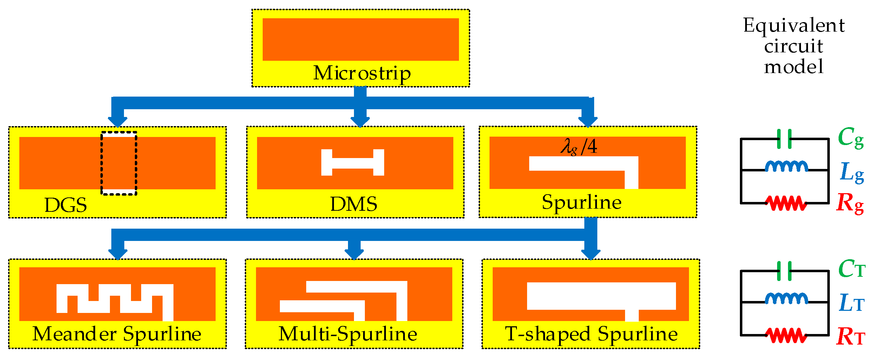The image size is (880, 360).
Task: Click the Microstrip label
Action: tap(362, 73)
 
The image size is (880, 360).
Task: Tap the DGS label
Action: tap(66, 205)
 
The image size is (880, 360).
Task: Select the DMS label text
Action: tap(354, 204)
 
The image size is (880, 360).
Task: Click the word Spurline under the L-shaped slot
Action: tap(582, 203)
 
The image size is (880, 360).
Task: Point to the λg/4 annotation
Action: tap(579, 146)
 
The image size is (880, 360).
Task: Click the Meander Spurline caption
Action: tap(117, 334)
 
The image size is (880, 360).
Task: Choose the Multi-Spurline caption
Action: tap(348, 334)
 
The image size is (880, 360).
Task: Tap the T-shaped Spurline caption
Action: tap(591, 334)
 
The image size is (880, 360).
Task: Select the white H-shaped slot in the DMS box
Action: tap(353, 163)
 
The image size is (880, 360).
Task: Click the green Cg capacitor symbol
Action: tap(784, 139)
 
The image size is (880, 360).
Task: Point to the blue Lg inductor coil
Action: tap(786, 166)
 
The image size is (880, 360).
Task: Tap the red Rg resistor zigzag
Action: tap(786, 203)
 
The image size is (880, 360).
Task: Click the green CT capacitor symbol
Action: tap(784, 271)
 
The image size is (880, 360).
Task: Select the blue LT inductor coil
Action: tap(786, 299)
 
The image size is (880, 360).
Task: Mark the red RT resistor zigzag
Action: tap(786, 335)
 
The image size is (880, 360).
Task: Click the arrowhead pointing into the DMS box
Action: tap(360, 121)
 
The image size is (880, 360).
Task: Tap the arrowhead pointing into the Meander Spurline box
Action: tap(118, 254)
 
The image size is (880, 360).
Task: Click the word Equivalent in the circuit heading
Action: tap(794, 25)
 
